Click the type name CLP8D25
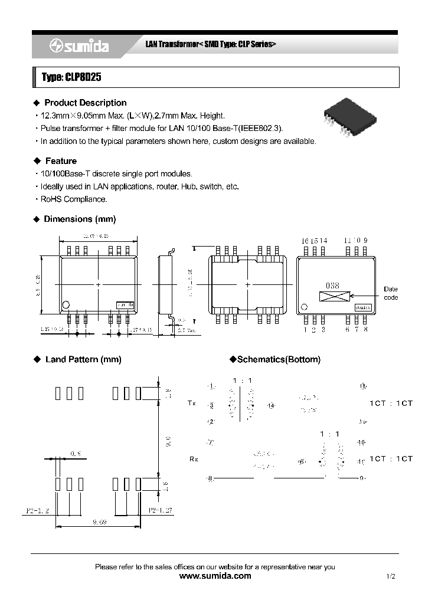(x=66, y=77)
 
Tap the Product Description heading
(x=85, y=103)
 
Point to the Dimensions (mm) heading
(x=80, y=219)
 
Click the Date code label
(x=391, y=293)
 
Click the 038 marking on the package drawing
(x=333, y=286)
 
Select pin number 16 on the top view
(x=305, y=241)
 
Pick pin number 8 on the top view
(x=366, y=330)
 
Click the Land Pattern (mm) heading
(x=83, y=359)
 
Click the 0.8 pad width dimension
(x=76, y=453)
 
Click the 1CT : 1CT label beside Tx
(x=391, y=403)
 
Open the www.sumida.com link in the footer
(x=214, y=576)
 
